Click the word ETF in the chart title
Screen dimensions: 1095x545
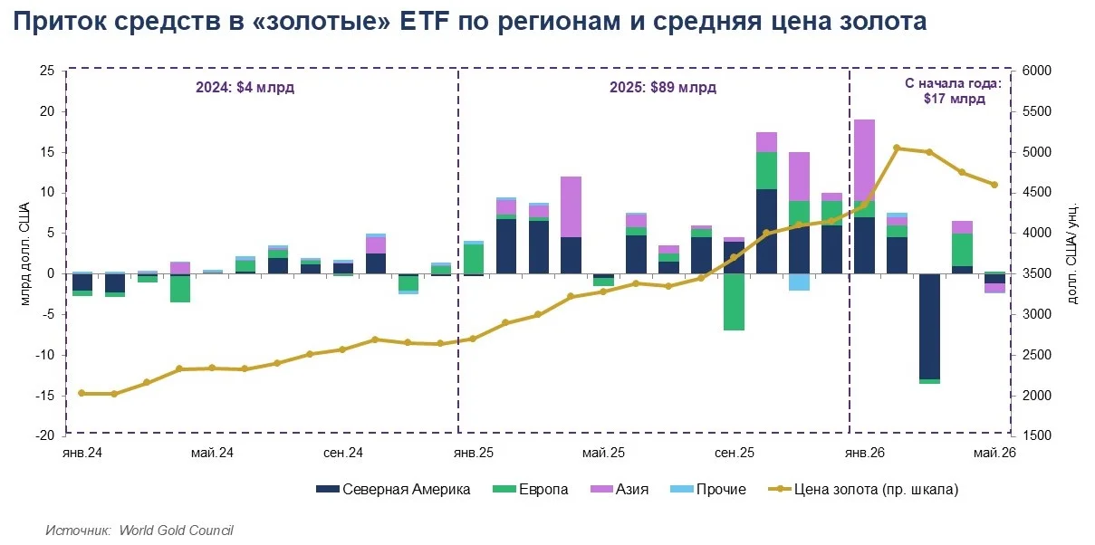tap(424, 21)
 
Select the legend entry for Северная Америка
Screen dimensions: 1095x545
tap(393, 489)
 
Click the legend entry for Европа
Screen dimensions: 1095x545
tap(531, 489)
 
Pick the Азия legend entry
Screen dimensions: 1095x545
tap(620, 489)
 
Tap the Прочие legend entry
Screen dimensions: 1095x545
tap(708, 489)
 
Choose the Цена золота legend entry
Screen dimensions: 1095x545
tap(863, 489)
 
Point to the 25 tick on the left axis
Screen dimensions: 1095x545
tap(47, 71)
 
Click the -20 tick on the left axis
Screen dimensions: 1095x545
tap(44, 435)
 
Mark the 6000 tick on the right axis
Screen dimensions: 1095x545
tap(1036, 71)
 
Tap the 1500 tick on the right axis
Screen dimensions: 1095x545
tap(1036, 435)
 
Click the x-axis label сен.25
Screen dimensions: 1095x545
tap(735, 453)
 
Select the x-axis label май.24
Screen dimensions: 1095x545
tap(212, 453)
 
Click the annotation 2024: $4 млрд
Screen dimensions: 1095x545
tap(245, 88)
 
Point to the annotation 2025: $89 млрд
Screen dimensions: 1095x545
tap(663, 88)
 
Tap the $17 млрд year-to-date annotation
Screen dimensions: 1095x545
tap(955, 99)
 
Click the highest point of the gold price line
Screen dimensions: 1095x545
tap(897, 148)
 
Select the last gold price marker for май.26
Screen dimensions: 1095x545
tap(994, 185)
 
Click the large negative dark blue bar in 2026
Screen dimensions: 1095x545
tap(929, 327)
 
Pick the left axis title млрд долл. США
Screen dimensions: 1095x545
tap(25, 254)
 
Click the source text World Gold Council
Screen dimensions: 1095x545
tap(176, 531)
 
